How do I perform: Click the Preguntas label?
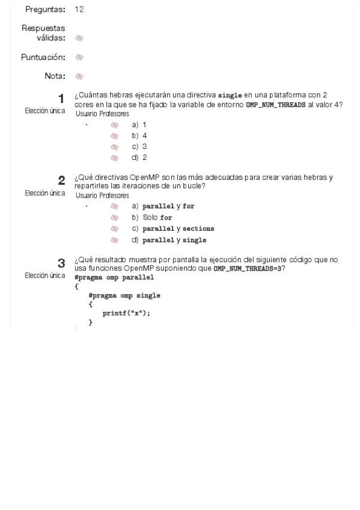(43, 10)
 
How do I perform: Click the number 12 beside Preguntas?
(80, 10)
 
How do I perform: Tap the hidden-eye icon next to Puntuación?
(79, 58)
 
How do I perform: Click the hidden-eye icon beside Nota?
(79, 76)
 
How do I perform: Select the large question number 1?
(61, 98)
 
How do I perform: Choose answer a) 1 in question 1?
(139, 125)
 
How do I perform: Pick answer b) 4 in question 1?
(139, 136)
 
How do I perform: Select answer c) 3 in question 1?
(139, 147)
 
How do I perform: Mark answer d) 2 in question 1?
(139, 158)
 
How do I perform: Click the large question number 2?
(61, 180)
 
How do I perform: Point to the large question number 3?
(61, 263)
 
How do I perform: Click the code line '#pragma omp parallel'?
(114, 278)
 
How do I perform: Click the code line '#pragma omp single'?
(124, 296)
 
